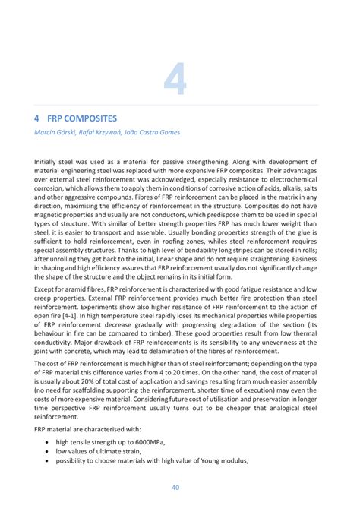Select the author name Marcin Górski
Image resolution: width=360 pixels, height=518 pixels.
pyautogui.click(x=58, y=133)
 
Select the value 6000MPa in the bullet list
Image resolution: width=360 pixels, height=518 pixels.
pyautogui.click(x=146, y=442)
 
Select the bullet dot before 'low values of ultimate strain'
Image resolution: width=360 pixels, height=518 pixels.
pyautogui.click(x=49, y=451)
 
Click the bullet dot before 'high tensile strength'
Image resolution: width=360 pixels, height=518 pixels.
pyautogui.click(x=49, y=442)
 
